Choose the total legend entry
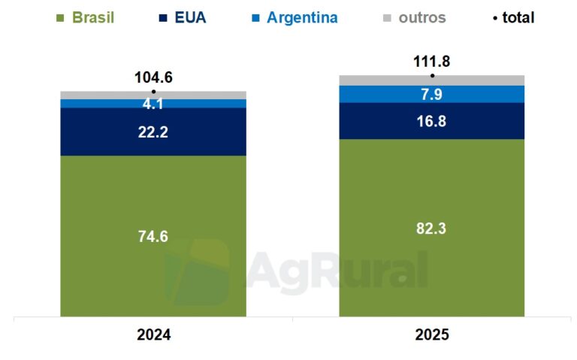click(x=513, y=17)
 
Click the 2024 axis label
click(x=153, y=335)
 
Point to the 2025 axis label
click(x=431, y=335)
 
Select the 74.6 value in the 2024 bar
click(x=153, y=236)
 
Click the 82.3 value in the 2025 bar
click(x=431, y=228)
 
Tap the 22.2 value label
click(x=153, y=132)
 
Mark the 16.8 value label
click(x=431, y=121)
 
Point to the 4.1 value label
click(x=153, y=104)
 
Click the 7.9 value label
click(x=431, y=94)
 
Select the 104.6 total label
click(x=153, y=77)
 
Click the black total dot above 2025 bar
click(x=432, y=75)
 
